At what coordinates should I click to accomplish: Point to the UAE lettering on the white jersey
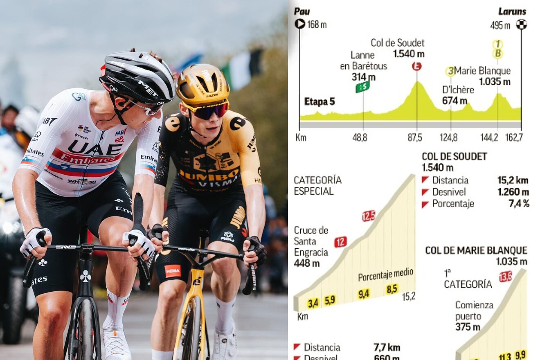[x=94, y=148]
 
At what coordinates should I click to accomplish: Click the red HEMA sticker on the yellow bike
[x=172, y=270]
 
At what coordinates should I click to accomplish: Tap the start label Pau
[x=302, y=11]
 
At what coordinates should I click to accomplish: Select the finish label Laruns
[x=512, y=11]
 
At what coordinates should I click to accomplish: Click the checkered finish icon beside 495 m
[x=521, y=25]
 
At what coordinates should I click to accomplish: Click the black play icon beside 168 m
[x=300, y=24]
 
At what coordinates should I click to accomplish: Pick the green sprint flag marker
[x=362, y=87]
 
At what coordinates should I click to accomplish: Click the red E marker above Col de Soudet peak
[x=416, y=66]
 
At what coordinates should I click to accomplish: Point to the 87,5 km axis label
[x=414, y=137]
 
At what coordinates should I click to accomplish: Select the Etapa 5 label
[x=319, y=101]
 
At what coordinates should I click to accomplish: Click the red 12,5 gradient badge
[x=369, y=216]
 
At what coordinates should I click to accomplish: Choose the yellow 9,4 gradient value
[x=363, y=293]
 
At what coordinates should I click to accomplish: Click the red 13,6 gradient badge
[x=506, y=277]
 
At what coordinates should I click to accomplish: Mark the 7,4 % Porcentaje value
[x=518, y=203]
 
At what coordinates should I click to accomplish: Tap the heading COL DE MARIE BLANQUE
[x=476, y=250]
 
